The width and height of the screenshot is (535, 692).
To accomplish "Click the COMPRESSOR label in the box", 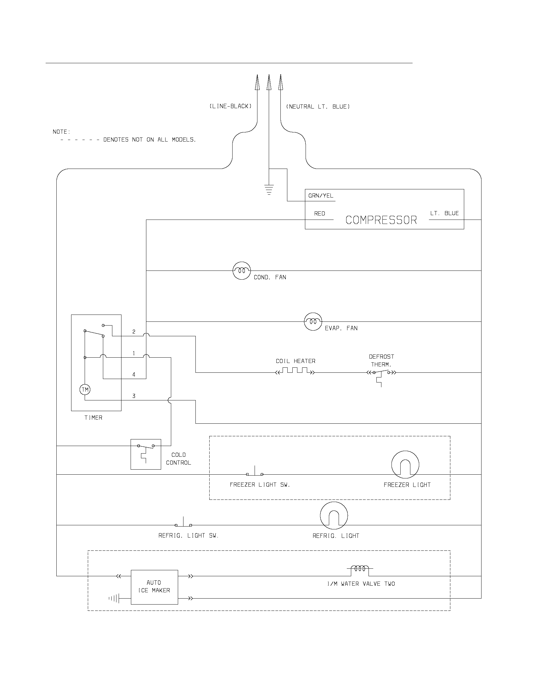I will click(x=381, y=220).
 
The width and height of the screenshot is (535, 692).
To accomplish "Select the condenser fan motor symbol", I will click(x=241, y=271).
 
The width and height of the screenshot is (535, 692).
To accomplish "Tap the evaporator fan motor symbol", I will click(x=313, y=321).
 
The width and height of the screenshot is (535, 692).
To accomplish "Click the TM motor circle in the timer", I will click(x=85, y=389).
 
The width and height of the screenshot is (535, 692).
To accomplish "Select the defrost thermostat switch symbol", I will click(x=381, y=376).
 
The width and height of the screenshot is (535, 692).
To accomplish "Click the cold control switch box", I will click(x=146, y=454).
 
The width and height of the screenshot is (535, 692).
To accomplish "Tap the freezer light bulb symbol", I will click(x=405, y=465).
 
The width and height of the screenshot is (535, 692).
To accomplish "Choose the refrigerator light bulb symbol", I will click(x=334, y=516).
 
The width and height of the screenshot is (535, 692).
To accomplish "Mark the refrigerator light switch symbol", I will click(x=183, y=523).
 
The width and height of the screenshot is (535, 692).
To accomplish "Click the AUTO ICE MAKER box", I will click(x=154, y=587).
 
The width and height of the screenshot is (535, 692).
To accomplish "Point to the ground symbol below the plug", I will click(x=269, y=189).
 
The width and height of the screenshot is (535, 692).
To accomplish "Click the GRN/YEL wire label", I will click(x=321, y=196).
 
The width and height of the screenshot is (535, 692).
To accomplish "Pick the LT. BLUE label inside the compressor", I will click(x=444, y=213).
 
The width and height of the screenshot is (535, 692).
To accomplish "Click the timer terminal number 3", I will click(x=134, y=396).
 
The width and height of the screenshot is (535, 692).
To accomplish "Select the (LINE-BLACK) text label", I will click(x=230, y=106).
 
